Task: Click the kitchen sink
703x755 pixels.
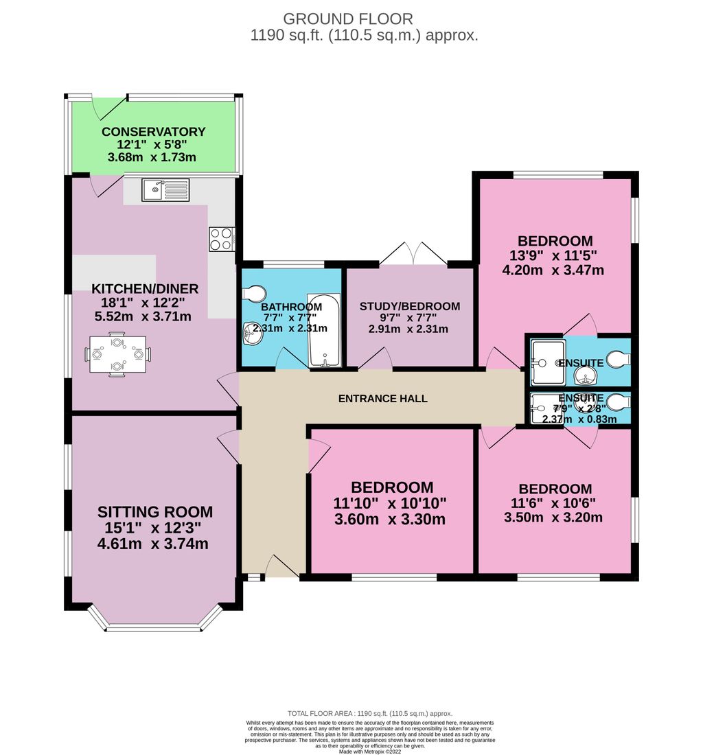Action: click(165, 189)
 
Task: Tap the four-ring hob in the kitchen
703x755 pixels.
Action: click(221, 238)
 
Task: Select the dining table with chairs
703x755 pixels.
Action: click(118, 355)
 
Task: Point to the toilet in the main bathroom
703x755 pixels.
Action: click(252, 293)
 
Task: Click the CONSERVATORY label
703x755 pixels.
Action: click(154, 132)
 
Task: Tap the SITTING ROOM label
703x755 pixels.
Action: click(155, 512)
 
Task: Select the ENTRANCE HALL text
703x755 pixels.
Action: click(382, 398)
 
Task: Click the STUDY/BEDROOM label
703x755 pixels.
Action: click(410, 306)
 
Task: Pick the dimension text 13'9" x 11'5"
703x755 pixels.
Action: click(555, 255)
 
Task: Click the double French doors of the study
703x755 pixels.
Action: click(413, 255)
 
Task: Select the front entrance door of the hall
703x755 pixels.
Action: click(281, 567)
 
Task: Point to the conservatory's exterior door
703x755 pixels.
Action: click(108, 108)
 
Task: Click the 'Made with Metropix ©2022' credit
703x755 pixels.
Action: click(370, 751)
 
